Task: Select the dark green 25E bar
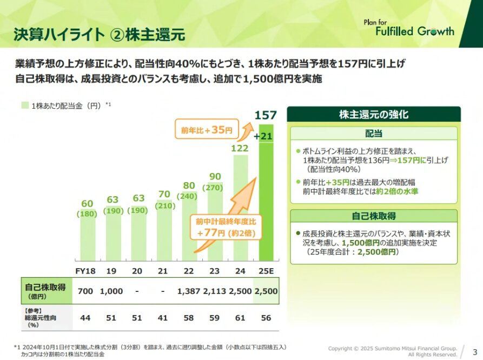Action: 266,205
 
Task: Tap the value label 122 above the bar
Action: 240,148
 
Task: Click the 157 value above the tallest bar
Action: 266,115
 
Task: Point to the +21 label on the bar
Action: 266,136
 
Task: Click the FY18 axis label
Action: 85,270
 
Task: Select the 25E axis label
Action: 266,270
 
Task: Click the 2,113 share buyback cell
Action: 215,291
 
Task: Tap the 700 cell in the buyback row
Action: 85,291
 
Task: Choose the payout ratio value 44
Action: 85,317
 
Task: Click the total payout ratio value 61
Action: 240,317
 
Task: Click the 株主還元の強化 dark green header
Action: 373,114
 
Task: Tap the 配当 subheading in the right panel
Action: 374,134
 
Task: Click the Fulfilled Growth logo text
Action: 415,31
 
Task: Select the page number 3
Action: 474,351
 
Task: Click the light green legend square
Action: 25,105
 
